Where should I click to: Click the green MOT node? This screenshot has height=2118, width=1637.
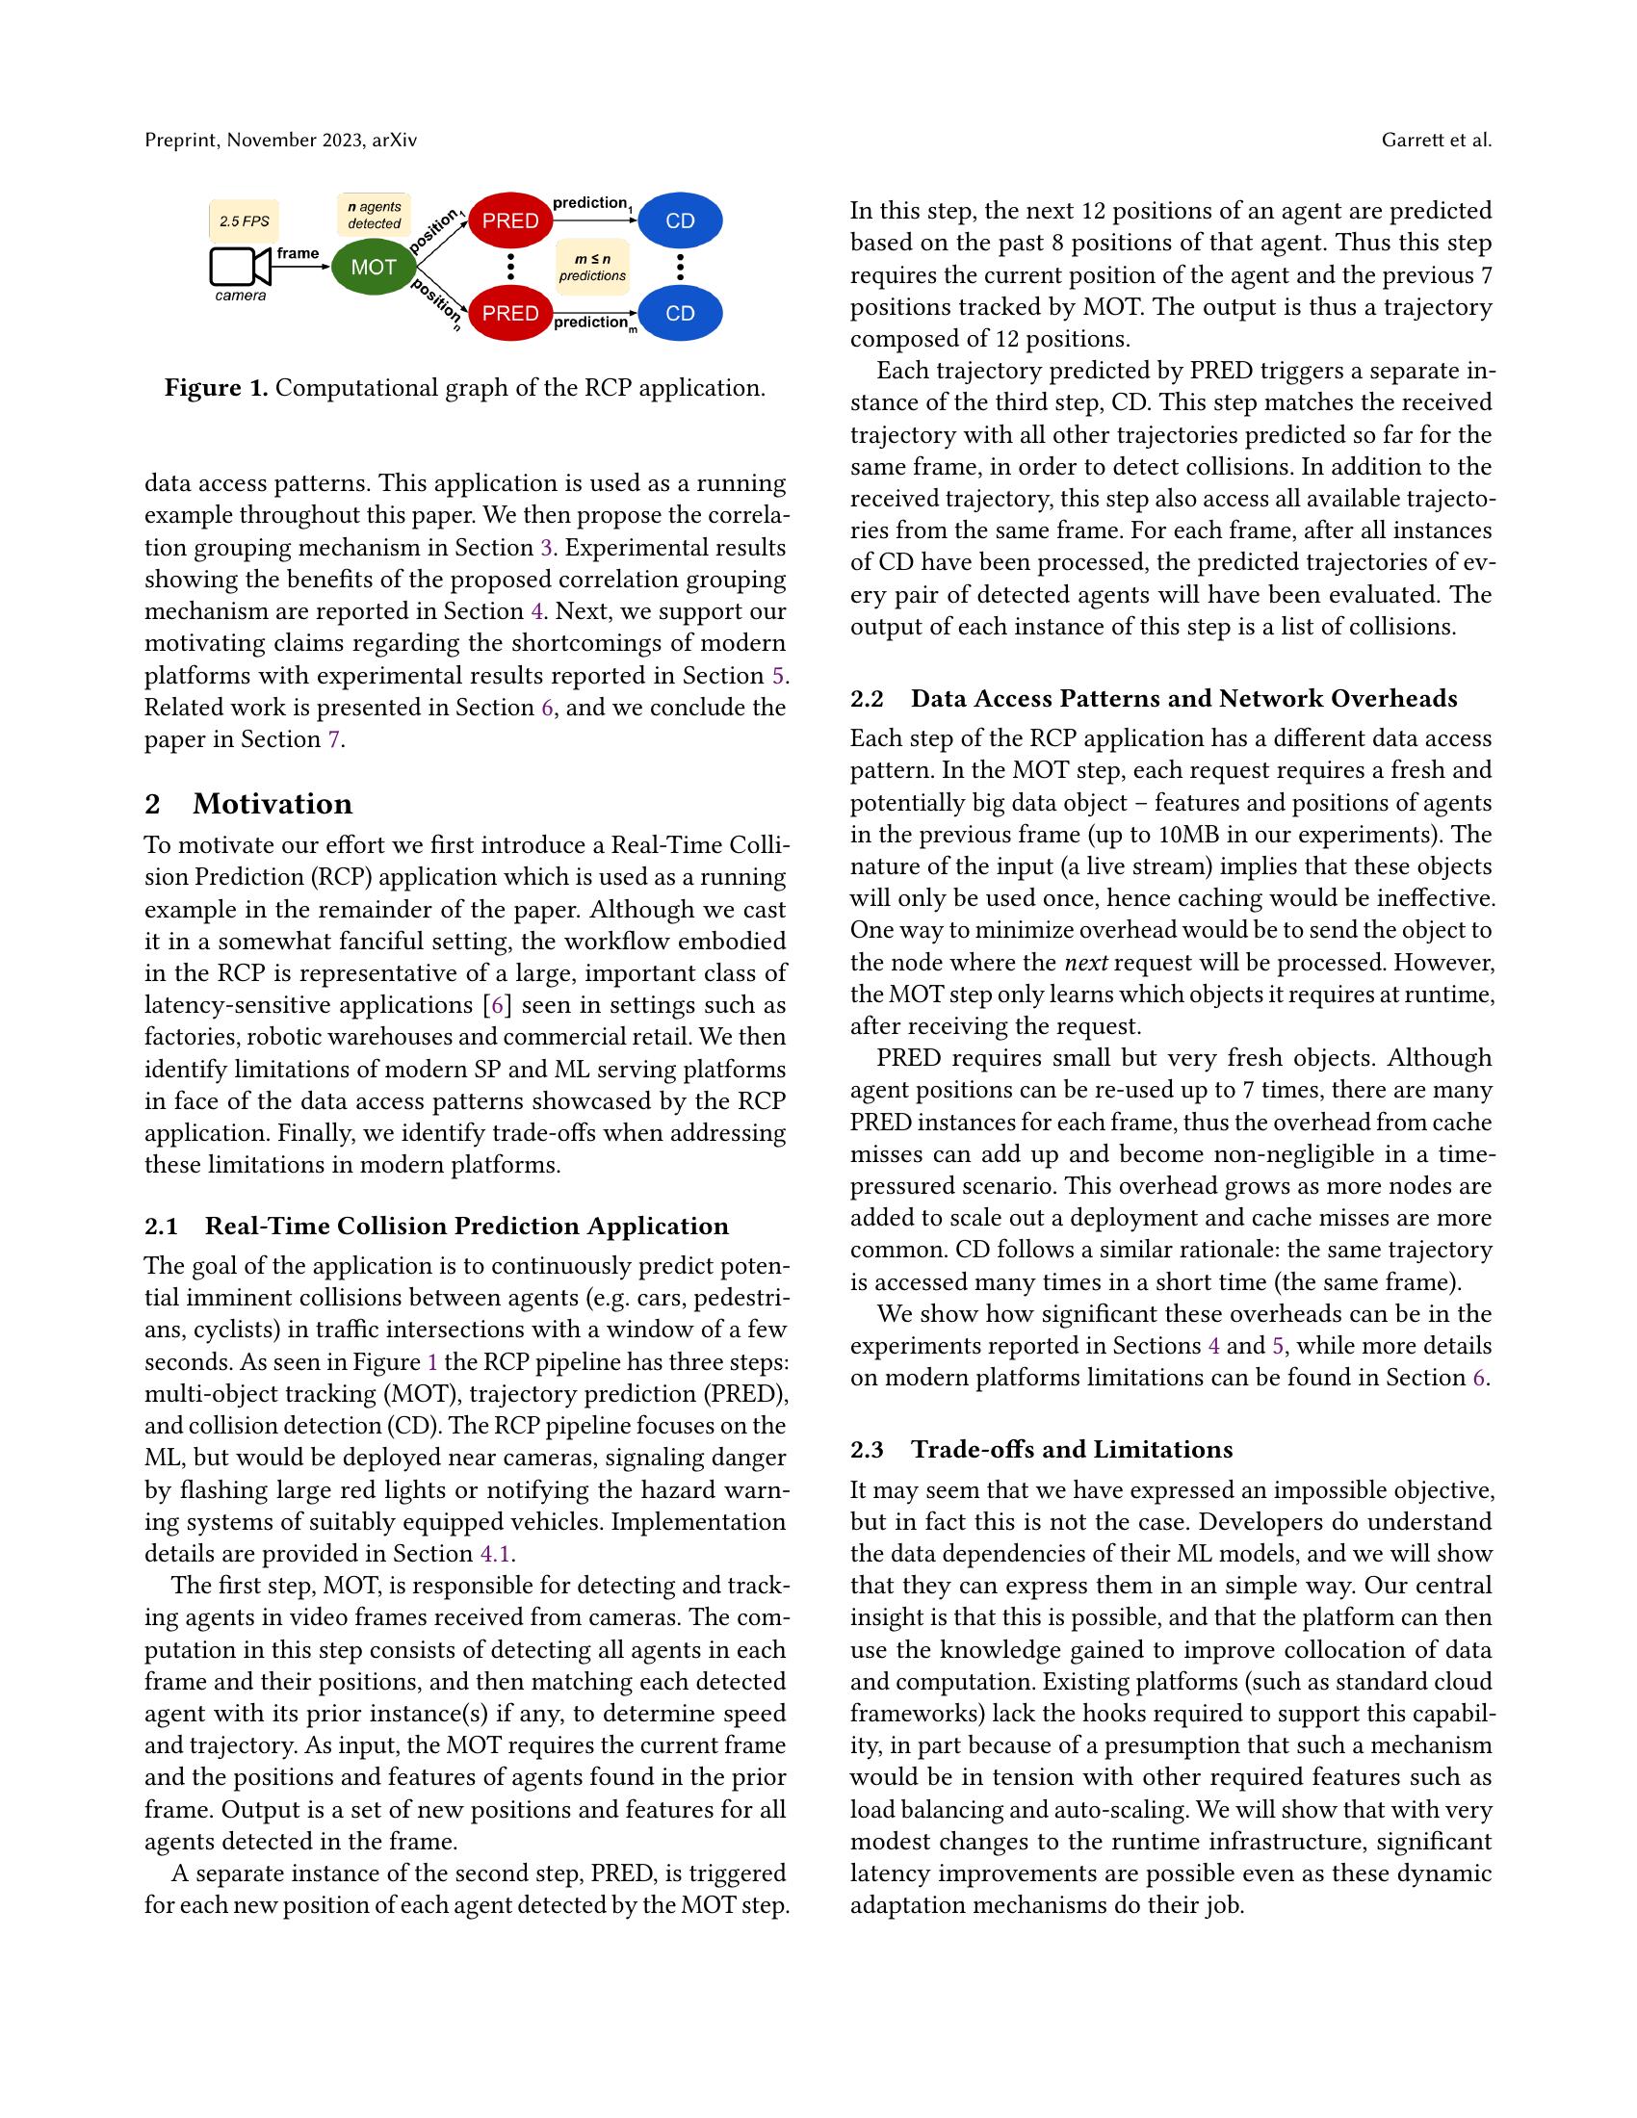[374, 267]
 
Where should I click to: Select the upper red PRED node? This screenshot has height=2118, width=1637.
[510, 221]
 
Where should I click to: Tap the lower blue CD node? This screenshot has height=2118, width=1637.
[680, 313]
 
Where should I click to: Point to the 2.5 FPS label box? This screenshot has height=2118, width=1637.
[245, 221]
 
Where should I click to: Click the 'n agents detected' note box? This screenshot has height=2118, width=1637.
[374, 216]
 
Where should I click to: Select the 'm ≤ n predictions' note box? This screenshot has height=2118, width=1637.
[592, 267]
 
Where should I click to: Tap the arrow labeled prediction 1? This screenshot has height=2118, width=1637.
[594, 220]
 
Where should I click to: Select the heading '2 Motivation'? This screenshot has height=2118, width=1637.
[248, 804]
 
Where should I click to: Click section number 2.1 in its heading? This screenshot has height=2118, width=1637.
[161, 1226]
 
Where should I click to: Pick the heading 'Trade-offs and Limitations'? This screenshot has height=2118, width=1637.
[1072, 1449]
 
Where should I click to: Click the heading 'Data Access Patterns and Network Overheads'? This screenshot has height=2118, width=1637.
[1184, 698]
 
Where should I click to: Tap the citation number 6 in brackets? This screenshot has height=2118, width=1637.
[497, 1005]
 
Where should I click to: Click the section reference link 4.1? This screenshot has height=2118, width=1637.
[496, 1554]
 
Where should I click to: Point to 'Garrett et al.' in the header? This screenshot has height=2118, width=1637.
[1437, 141]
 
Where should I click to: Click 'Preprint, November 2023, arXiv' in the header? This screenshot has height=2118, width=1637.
[280, 141]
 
